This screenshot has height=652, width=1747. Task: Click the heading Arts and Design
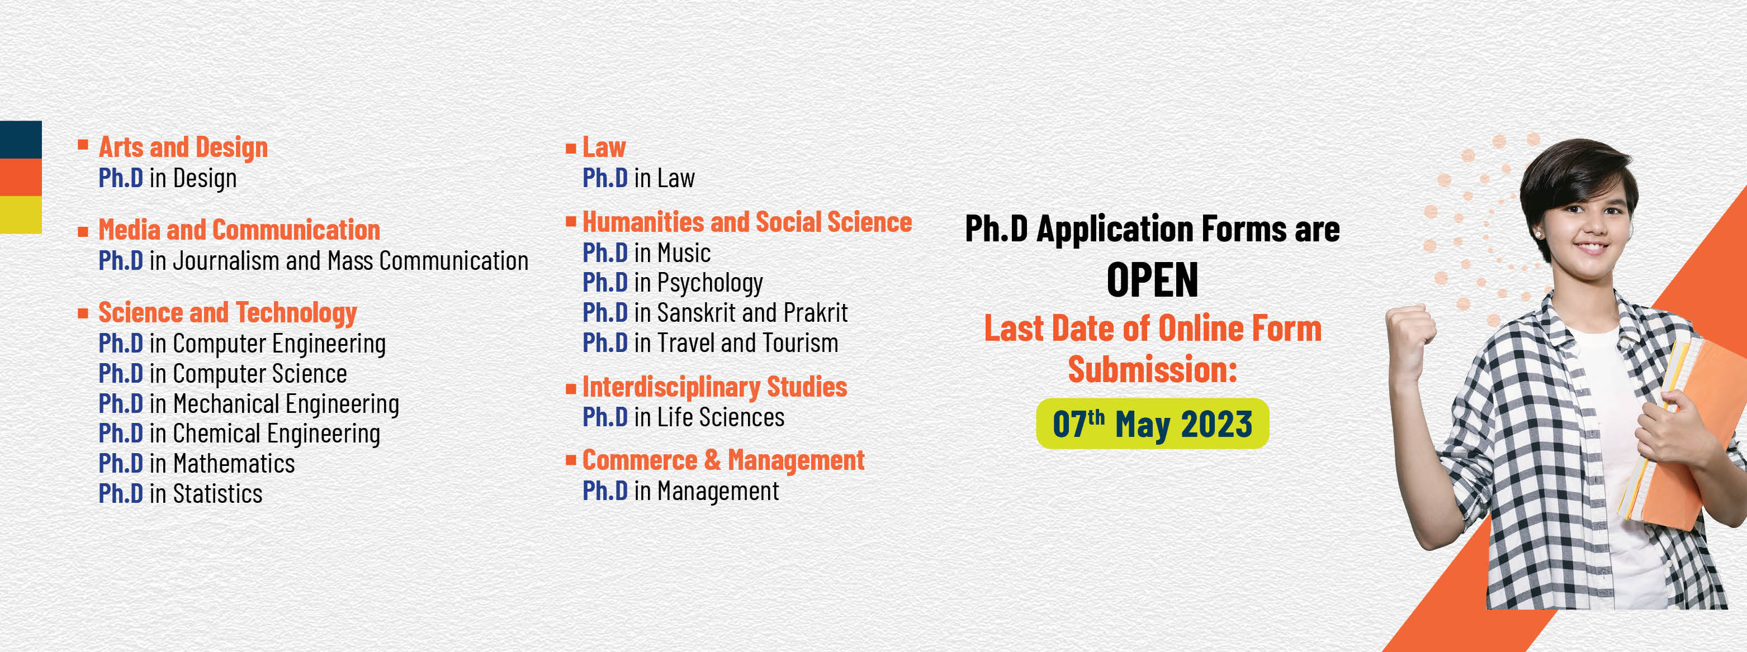[x=183, y=147]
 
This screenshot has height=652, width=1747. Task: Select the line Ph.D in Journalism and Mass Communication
[x=313, y=261]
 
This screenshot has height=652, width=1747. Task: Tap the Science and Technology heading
[x=228, y=313]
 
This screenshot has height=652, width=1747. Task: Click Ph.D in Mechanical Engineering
[x=249, y=404]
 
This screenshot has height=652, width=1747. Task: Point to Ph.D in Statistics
[x=181, y=493]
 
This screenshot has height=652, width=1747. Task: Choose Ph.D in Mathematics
[x=197, y=464]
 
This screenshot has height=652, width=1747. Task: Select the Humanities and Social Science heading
[x=747, y=222]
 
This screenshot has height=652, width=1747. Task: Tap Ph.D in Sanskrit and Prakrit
[x=716, y=313]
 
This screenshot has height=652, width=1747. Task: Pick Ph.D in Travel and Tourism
[x=711, y=343]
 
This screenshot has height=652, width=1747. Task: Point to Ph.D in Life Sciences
[x=684, y=417]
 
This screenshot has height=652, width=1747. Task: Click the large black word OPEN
[x=1152, y=280]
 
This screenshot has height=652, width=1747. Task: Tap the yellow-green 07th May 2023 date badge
[x=1152, y=424]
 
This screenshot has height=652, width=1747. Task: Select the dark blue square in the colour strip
[x=21, y=140]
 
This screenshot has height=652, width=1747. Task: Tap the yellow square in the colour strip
[x=21, y=215]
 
